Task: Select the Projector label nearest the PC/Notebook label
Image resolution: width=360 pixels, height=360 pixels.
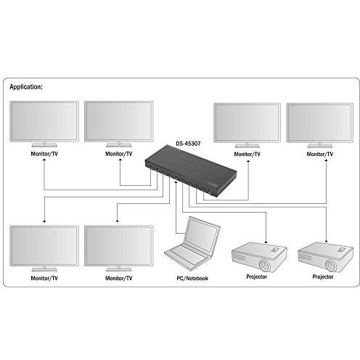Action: point(257,277)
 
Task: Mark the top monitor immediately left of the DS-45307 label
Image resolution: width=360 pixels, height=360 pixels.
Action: point(118,121)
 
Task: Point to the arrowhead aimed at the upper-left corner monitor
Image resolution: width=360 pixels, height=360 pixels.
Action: point(45,162)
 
